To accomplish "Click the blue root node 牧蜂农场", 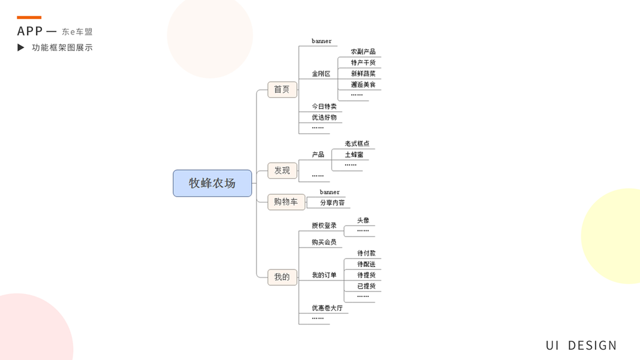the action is click(212, 183).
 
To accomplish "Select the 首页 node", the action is click(282, 89).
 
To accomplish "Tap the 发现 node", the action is click(282, 170).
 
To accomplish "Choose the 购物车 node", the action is click(286, 202).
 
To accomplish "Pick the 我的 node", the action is click(282, 277).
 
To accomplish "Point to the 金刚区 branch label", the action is click(321, 74).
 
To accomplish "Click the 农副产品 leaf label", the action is click(363, 52).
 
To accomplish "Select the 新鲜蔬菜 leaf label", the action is click(363, 74).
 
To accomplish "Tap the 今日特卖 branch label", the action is click(324, 106).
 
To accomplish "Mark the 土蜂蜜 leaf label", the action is click(354, 155).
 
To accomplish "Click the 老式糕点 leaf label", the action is click(357, 144).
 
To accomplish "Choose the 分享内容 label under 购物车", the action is click(332, 203).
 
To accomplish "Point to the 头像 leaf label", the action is click(363, 220).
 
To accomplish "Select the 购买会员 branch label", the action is click(324, 242).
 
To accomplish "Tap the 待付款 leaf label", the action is click(366, 253).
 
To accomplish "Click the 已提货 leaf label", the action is click(366, 286).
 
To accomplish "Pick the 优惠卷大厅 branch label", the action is click(327, 308).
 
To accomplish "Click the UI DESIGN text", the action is click(581, 345).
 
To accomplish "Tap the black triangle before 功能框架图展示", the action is click(21, 47).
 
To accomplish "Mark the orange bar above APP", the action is click(29, 17).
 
